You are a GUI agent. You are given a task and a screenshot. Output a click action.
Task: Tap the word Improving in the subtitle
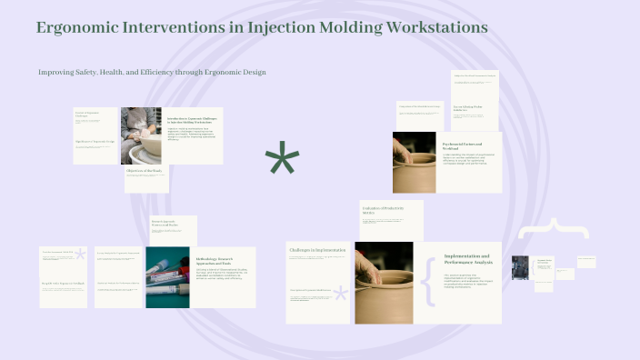[57, 72]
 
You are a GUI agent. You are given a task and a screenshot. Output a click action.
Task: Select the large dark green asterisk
[282, 161]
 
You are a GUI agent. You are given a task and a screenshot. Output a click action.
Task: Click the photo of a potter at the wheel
[141, 135]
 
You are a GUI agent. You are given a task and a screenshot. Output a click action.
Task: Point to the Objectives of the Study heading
[146, 170]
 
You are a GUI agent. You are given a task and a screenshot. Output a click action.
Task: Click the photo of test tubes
[165, 276]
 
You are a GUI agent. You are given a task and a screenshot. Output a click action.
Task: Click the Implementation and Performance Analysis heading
[466, 259]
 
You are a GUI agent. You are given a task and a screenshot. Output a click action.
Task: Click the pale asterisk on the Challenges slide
[341, 294]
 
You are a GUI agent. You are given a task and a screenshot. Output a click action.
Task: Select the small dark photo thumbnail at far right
[520, 269]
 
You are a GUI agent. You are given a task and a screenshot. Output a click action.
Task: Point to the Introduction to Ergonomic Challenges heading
[194, 119]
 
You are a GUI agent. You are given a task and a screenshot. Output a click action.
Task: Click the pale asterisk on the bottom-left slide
[80, 255]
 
